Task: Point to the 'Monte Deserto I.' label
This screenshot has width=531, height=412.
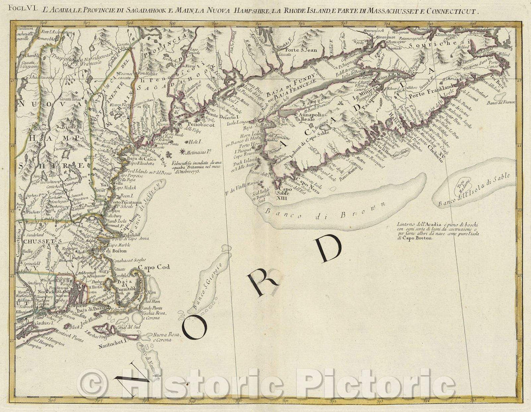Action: (221, 114)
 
